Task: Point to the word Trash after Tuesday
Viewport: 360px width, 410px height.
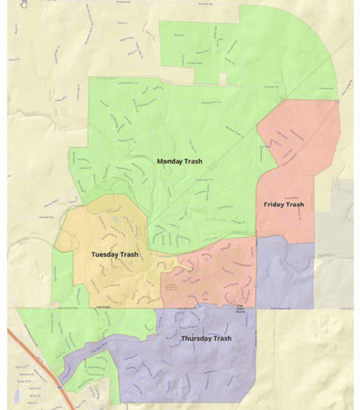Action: click(129, 254)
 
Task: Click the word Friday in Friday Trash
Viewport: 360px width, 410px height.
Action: click(274, 204)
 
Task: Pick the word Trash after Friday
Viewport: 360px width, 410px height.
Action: click(294, 204)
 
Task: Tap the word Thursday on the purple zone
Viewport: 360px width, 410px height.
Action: click(196, 339)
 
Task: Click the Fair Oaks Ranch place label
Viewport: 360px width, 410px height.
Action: click(241, 307)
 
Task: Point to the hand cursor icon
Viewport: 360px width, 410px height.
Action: click(24, 3)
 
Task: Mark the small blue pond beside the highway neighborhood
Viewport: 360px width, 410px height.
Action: click(17, 397)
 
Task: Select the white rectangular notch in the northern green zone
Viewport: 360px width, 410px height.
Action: click(223, 79)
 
